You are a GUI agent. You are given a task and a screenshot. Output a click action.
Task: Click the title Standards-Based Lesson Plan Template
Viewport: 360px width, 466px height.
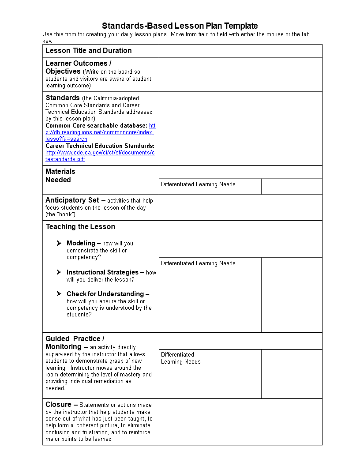[180, 26]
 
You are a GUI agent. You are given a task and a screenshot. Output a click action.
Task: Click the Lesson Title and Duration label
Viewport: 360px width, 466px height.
[88, 51]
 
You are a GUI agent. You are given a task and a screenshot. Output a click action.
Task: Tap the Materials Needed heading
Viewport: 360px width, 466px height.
[60, 176]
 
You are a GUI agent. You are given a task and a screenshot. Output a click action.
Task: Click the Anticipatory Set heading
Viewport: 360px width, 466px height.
[72, 200]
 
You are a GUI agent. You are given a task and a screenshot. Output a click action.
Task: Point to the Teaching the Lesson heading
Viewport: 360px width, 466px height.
[80, 227]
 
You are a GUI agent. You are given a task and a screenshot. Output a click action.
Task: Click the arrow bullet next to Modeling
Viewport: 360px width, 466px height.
[59, 243]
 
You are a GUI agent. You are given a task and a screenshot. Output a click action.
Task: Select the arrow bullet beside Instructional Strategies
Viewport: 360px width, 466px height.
[59, 272]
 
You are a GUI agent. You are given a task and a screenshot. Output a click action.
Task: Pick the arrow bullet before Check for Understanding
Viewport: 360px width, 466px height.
[59, 294]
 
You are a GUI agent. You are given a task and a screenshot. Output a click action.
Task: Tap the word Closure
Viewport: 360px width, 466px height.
[58, 405]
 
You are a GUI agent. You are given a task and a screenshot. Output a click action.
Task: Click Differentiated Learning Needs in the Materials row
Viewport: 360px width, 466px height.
[198, 184]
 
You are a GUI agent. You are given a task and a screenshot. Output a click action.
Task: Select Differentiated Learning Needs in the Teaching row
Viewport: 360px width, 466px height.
[198, 263]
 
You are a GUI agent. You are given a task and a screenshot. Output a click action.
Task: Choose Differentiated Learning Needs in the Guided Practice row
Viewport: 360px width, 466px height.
[180, 358]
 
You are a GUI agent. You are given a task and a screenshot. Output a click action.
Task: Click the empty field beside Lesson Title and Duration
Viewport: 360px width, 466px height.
[240, 51]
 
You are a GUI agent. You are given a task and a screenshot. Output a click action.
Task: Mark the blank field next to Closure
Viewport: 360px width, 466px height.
[240, 422]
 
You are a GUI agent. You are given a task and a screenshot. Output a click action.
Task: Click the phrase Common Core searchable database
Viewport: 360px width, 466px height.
[96, 126]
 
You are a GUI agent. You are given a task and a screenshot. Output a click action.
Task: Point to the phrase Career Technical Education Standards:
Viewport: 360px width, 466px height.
[100, 146]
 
